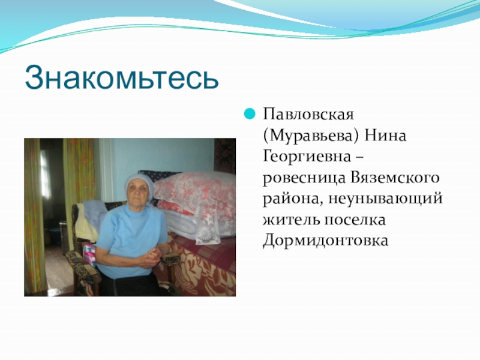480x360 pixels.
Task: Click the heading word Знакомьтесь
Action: tap(122, 77)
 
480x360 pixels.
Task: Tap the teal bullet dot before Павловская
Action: tap(250, 114)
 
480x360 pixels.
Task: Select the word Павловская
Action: tap(308, 115)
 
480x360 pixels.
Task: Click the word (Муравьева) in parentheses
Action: tap(310, 136)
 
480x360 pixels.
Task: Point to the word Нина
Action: tap(385, 136)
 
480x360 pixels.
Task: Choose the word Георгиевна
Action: tap(307, 157)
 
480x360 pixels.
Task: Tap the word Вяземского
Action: tap(395, 178)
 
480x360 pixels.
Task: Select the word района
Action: tap(292, 199)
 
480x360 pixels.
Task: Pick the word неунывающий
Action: tap(386, 199)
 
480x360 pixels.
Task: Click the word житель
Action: tap(290, 220)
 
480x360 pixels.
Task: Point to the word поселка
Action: tap(355, 220)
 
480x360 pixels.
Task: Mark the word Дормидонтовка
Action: tap(325, 241)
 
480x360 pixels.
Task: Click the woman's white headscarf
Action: tap(138, 182)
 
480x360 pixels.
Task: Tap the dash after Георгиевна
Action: tap(359, 157)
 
